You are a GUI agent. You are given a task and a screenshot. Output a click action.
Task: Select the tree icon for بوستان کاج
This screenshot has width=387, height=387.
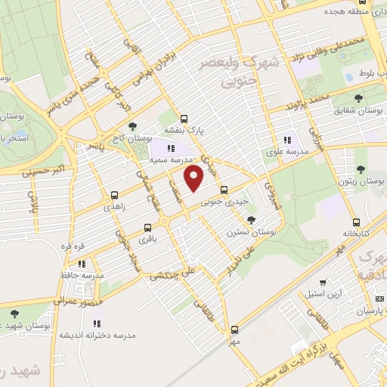[x=133, y=126]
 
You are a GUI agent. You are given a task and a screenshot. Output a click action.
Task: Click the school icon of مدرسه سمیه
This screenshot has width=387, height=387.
[x=172, y=148]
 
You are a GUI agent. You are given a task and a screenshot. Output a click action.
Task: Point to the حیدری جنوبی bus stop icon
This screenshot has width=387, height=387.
[x=223, y=190]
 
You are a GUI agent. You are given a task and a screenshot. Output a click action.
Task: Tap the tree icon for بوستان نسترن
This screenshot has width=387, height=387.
[x=251, y=219]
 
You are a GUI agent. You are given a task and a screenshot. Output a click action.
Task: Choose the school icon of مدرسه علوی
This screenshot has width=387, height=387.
[x=287, y=140]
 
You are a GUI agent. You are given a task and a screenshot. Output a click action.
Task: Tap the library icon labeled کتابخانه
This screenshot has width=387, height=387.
[x=355, y=223]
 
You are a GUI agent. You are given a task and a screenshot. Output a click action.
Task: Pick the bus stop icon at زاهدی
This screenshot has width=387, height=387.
[x=114, y=194]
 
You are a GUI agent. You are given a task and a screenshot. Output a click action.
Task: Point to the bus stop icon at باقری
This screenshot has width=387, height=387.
[x=147, y=228]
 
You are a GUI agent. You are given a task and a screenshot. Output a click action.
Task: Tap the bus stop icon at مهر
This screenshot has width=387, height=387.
[x=234, y=330]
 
